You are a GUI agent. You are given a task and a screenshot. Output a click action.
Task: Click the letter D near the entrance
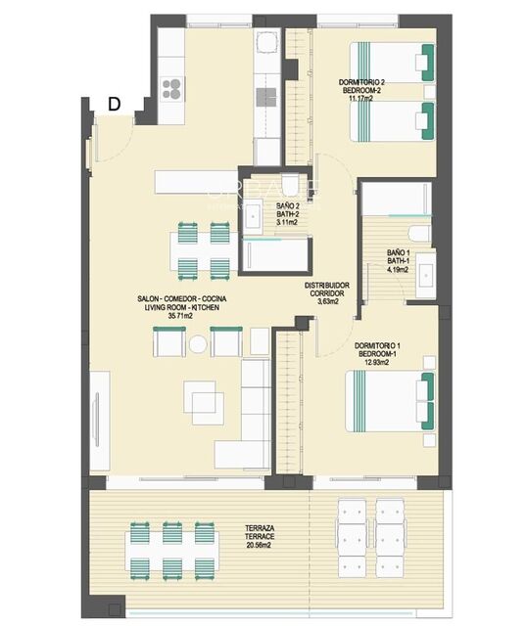point(115,104)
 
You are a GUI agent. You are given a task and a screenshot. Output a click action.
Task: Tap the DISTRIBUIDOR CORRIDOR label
point(328,291)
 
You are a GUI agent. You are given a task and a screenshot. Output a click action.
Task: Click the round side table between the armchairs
point(199,344)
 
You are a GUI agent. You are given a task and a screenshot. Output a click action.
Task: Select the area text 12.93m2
point(375,363)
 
